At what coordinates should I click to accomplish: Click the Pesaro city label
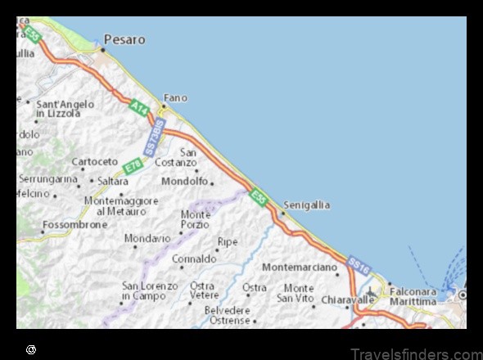pos(124,38)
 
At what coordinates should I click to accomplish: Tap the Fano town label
pos(175,97)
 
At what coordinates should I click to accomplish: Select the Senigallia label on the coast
pos(307,205)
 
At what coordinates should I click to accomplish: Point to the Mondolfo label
pos(184,181)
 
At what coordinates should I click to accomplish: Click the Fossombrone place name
pos(74,224)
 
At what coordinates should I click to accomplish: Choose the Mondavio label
pos(147,238)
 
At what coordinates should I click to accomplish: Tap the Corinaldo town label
pos(194,259)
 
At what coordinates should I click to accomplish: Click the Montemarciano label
pos(300,268)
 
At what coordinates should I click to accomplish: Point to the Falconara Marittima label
pos(413,296)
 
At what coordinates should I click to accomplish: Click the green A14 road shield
pos(138,105)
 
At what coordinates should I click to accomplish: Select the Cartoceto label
pos(95,161)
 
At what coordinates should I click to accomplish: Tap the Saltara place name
pos(113,181)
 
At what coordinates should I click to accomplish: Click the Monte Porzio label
pos(195,219)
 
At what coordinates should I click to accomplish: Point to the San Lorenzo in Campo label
pos(149,290)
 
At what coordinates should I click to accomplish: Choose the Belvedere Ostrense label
pos(228,316)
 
